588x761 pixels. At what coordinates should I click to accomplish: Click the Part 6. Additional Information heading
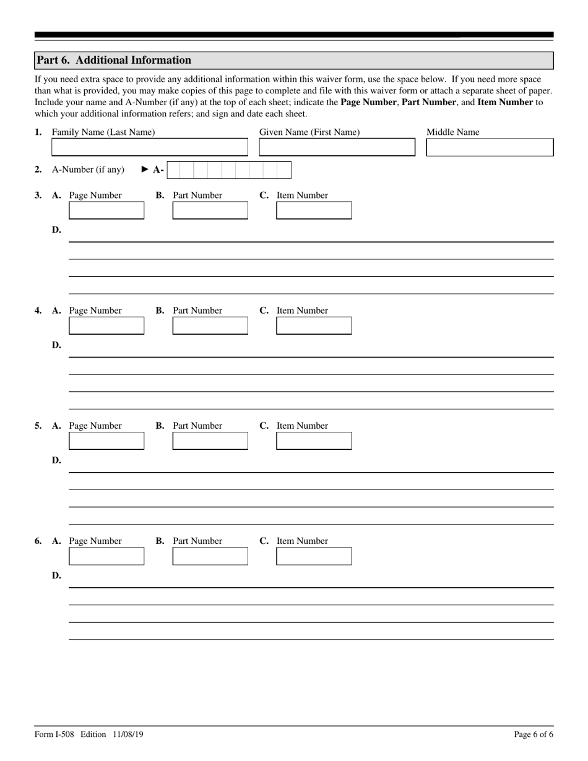114,60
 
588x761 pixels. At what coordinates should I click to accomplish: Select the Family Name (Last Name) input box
149,147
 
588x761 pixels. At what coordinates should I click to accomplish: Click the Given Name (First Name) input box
337,147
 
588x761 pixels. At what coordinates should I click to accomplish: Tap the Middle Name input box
490,147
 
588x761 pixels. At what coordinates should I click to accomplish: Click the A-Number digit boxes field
229,170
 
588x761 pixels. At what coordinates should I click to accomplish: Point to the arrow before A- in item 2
145,170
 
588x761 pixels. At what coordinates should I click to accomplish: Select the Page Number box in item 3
106,210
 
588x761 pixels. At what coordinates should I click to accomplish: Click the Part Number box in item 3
210,210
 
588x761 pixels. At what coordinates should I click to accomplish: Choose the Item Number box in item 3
314,210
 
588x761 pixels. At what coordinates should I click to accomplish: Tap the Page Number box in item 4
106,325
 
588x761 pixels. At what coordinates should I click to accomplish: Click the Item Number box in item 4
314,325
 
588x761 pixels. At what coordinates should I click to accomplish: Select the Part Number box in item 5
210,441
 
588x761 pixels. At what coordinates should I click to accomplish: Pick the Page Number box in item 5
106,441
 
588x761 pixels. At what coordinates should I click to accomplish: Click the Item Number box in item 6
314,556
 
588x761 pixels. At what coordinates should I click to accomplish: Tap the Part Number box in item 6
210,556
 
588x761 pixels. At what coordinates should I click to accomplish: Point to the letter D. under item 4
56,345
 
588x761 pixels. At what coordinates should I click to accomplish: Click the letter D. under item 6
56,575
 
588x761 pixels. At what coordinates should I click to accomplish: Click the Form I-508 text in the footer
54,734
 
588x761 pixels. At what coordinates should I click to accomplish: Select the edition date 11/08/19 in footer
128,734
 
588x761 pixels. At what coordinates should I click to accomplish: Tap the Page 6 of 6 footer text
534,734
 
